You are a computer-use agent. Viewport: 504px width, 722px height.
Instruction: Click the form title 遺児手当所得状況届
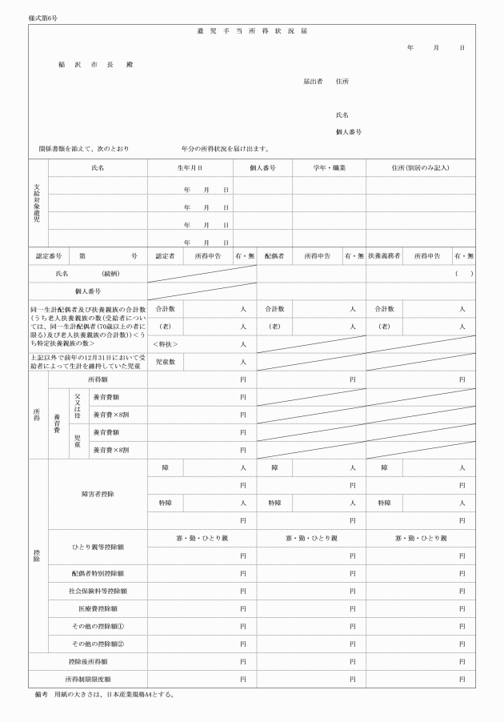pyautogui.click(x=252, y=31)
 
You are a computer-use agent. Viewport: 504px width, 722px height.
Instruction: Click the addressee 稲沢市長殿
pyautogui.click(x=95, y=63)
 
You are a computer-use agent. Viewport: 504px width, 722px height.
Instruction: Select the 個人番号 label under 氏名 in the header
pyautogui.click(x=349, y=131)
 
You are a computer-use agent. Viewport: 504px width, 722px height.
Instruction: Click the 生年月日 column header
pyautogui.click(x=190, y=168)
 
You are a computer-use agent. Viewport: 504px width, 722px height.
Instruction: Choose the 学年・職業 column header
pyautogui.click(x=329, y=168)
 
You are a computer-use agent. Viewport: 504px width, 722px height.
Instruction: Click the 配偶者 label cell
pyautogui.click(x=274, y=256)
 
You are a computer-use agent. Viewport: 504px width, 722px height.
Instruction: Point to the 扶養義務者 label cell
pyautogui.click(x=383, y=256)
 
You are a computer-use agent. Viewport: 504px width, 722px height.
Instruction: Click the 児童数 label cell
pyautogui.click(x=166, y=362)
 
